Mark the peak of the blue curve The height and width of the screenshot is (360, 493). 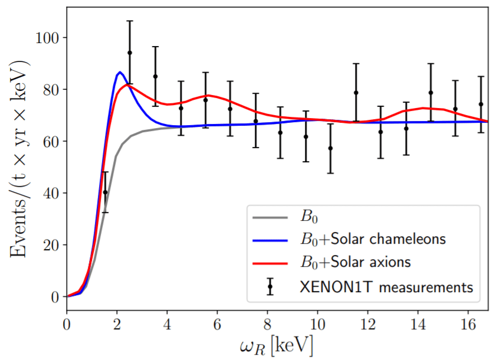point(120,72)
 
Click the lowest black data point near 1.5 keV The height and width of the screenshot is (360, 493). point(105,192)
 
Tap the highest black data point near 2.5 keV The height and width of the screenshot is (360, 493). point(130,53)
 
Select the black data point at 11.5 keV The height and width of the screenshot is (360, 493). point(356,93)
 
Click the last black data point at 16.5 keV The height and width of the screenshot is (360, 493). point(481,104)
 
